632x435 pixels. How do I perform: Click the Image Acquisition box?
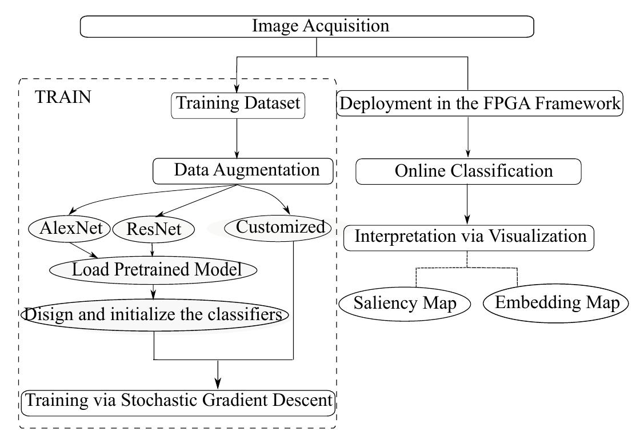pyautogui.click(x=307, y=26)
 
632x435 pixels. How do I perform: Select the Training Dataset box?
pyautogui.click(x=237, y=104)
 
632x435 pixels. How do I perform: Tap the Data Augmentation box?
pyautogui.click(x=243, y=170)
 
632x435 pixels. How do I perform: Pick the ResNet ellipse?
pyautogui.click(x=153, y=229)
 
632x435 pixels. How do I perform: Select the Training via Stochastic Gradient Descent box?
pyautogui.click(x=177, y=400)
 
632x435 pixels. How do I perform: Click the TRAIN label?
pyautogui.click(x=63, y=97)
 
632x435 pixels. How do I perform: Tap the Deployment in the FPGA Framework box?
pyautogui.click(x=479, y=105)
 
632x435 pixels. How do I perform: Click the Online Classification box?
pyautogui.click(x=468, y=171)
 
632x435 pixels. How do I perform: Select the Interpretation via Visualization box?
pyautogui.click(x=469, y=237)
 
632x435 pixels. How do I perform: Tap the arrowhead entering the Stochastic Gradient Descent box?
pyautogui.click(x=218, y=383)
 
